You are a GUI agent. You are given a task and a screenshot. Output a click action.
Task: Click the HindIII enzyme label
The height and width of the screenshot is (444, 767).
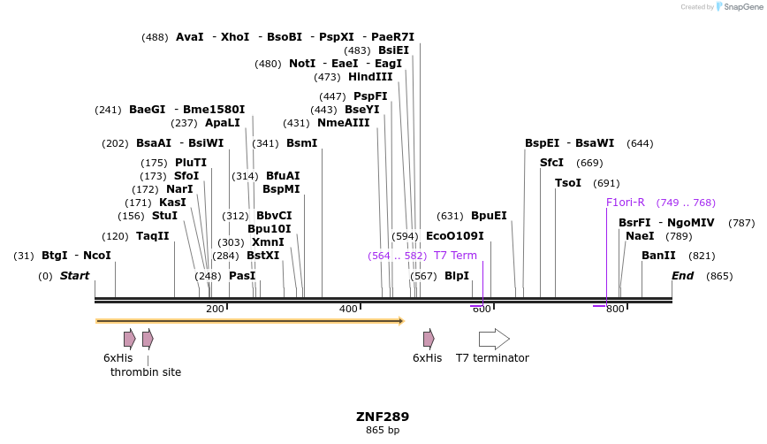(370, 77)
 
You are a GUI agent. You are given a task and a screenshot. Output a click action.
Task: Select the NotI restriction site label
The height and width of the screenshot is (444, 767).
(302, 64)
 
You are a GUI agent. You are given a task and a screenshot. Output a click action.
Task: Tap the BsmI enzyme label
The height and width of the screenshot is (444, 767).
(301, 143)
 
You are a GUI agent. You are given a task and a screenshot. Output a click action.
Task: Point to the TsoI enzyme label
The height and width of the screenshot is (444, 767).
(568, 183)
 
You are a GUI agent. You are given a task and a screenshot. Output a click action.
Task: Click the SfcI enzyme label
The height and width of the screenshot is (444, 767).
(551, 163)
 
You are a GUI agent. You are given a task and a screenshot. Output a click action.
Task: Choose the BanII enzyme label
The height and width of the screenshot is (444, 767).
(658, 256)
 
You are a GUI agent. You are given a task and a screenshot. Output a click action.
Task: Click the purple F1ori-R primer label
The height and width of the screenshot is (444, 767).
(626, 203)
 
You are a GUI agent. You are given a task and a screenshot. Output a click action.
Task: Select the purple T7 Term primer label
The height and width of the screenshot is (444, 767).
(455, 256)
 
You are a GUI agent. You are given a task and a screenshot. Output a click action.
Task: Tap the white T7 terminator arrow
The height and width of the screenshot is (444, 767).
(494, 339)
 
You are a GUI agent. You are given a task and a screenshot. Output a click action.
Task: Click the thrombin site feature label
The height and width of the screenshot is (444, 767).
(146, 372)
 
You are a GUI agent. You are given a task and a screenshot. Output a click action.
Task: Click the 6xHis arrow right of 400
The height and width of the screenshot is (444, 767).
(429, 339)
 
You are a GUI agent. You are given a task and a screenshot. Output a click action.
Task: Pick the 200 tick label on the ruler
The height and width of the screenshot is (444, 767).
(215, 309)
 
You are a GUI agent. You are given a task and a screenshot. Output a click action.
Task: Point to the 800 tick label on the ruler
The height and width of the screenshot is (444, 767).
(615, 309)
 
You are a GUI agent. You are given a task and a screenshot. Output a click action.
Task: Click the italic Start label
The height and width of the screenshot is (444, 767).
(74, 276)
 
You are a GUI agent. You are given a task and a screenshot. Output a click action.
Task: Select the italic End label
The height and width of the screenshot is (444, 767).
(682, 276)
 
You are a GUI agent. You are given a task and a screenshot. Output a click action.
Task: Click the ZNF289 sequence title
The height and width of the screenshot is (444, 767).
(383, 417)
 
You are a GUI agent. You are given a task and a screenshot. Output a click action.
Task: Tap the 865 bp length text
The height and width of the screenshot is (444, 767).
(383, 431)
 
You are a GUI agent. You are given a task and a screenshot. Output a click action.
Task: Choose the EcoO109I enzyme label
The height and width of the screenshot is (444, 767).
(455, 236)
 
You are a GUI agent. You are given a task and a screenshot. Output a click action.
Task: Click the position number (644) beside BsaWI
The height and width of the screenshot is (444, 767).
(640, 143)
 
